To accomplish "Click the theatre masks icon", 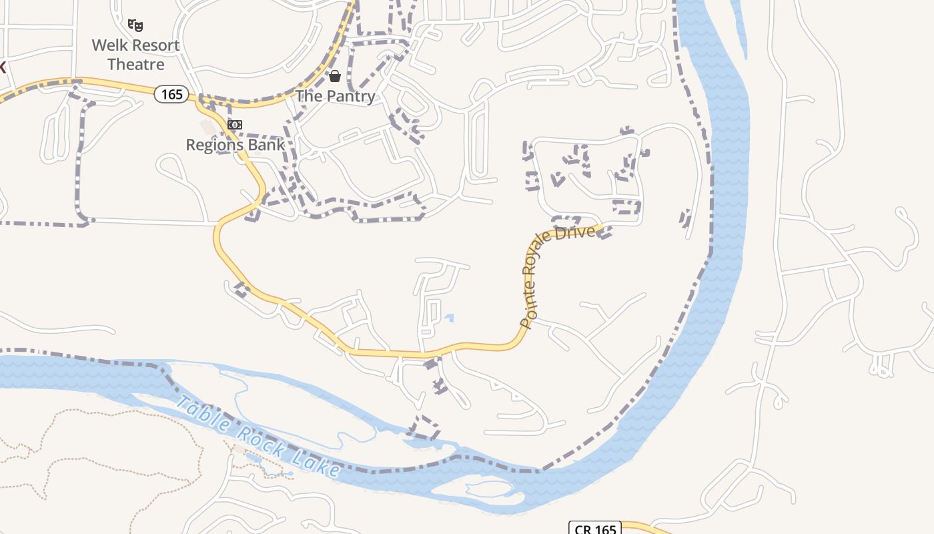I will [135, 26].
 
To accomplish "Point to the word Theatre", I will [136, 65].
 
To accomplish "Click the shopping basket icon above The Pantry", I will [335, 76].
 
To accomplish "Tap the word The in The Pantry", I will [309, 96].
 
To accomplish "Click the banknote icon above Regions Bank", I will [234, 125].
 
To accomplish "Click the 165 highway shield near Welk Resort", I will [171, 94].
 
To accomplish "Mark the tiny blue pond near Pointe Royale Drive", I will [449, 318].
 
